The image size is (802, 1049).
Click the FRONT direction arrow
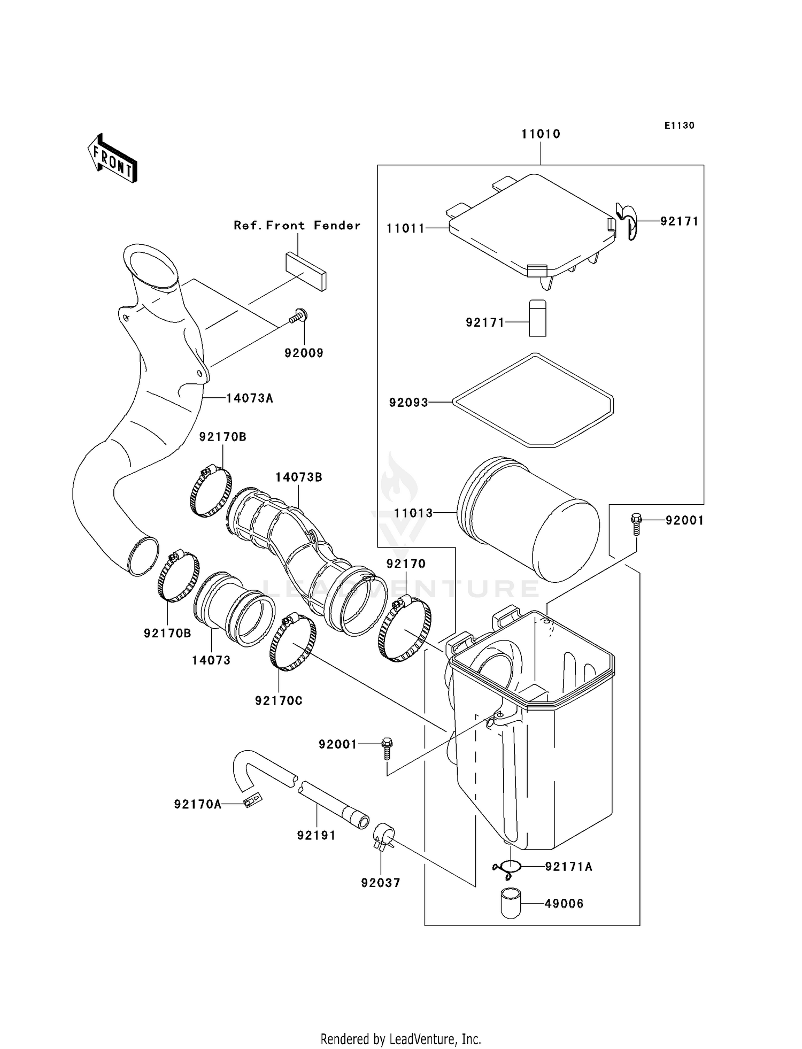113,159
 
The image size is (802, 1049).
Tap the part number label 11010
541,134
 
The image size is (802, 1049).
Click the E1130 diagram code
679,126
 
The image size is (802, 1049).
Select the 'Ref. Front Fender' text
297,226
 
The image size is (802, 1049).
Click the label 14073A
249,398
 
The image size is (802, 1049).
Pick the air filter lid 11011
532,227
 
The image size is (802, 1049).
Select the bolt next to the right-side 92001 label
636,523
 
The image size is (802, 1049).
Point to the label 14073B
299,477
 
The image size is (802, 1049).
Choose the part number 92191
316,835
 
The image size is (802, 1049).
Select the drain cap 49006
511,903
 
